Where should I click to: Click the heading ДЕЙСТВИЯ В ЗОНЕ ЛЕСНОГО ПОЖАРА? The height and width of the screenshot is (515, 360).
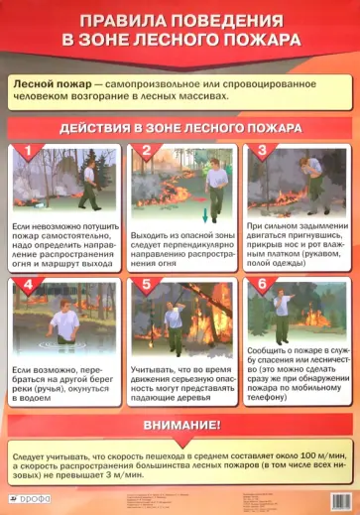point(180,129)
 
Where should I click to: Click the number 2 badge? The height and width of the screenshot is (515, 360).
point(145,152)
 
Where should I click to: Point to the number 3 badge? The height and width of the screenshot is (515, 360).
point(262,152)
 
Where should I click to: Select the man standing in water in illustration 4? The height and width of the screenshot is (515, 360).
point(67,318)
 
